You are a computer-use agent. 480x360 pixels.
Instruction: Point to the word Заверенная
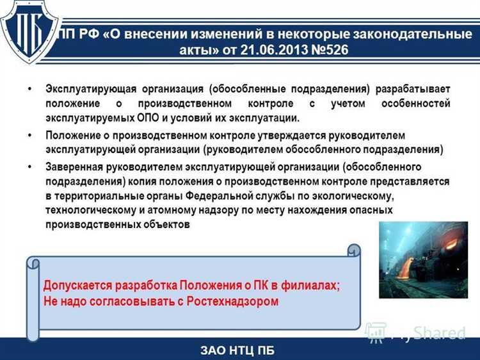(74, 167)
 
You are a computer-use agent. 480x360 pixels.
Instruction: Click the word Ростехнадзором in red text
(234, 300)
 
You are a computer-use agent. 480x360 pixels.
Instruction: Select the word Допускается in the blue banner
(76, 286)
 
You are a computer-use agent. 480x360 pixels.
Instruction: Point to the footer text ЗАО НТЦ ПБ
(239, 349)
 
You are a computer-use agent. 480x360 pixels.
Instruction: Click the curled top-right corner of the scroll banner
(353, 250)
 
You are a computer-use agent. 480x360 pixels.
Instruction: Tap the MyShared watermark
(415, 331)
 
